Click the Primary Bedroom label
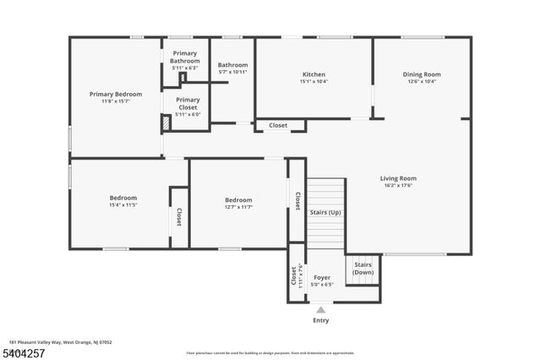point(116,94)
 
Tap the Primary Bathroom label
point(184,57)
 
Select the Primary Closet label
point(188,103)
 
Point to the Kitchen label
point(314,74)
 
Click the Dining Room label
point(421,74)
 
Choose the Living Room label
point(397,178)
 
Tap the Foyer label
point(323,277)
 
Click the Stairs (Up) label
point(325,213)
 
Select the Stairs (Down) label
point(363,268)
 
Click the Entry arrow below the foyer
point(320,309)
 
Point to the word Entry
point(321,320)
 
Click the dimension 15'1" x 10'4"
point(314,82)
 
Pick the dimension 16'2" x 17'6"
point(397,186)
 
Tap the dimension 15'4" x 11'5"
point(123,205)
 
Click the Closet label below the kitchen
point(278,126)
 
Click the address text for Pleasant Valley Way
point(61,342)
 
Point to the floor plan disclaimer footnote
point(270,353)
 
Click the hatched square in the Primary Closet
point(166,123)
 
